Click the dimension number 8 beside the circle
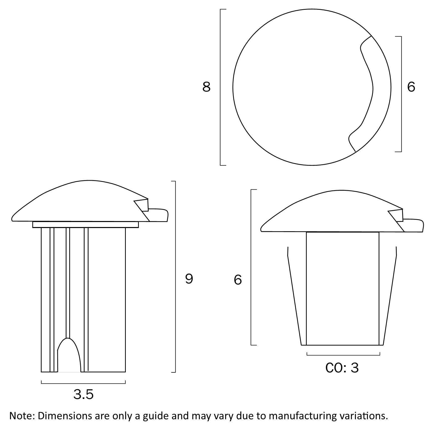pyautogui.click(x=206, y=87)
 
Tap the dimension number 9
pyautogui.click(x=189, y=279)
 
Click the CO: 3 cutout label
pyautogui.click(x=342, y=368)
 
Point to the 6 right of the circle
pyautogui.click(x=411, y=87)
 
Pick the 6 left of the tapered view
pyautogui.click(x=238, y=280)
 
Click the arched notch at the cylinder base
pyautogui.click(x=69, y=355)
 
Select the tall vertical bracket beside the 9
pyautogui.click(x=175, y=277)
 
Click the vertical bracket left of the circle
pyautogui.click(x=220, y=87)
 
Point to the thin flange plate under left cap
pyautogui.click(x=85, y=225)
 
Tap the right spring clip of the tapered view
pyautogui.click(x=388, y=296)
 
